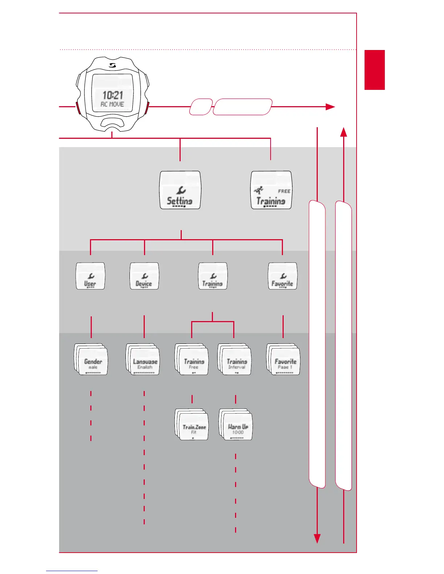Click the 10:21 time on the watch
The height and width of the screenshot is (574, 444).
coord(112,95)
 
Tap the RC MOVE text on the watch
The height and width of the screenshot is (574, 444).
coord(112,104)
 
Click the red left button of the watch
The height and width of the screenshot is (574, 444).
coord(78,108)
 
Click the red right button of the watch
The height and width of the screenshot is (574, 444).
coord(147,108)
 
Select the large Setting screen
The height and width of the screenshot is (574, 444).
coord(180,190)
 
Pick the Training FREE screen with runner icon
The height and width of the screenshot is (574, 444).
coord(271,190)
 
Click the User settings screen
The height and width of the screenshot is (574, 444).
coord(90,276)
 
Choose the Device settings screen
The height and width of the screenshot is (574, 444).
coord(144,276)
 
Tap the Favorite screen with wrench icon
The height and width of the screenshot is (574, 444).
coord(283,276)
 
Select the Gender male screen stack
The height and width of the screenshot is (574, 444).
coord(91,359)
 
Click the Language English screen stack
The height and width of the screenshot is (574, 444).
coord(143,359)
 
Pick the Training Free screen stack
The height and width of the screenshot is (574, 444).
coord(192,359)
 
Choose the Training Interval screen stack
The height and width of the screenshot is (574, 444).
coord(235,359)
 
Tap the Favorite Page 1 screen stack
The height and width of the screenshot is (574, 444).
coord(284,359)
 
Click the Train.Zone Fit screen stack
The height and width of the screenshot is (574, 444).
coord(192,425)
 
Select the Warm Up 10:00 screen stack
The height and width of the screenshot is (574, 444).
coord(236,425)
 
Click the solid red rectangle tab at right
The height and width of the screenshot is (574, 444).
coord(374,70)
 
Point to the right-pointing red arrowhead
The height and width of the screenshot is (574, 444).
coord(330,107)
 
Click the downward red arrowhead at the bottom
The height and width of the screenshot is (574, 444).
coord(317,539)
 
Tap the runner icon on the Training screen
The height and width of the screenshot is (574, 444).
coord(259,190)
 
